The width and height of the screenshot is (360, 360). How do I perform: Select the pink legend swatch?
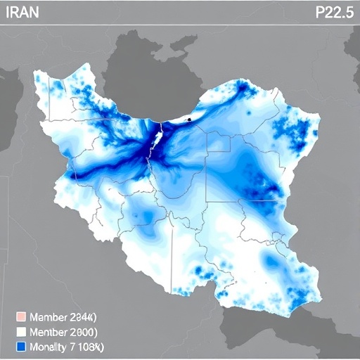pos(20,316)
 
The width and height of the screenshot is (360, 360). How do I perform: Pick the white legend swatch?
pos(20,331)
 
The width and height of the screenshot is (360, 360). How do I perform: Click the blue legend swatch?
pos(20,347)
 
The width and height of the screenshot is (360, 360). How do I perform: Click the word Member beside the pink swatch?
pos(49,316)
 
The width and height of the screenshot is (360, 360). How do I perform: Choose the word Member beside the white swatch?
pos(49,331)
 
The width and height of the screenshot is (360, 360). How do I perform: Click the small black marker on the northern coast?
pos(189,120)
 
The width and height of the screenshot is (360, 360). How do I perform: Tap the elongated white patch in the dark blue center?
pos(158,136)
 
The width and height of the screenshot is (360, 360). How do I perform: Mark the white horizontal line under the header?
pos(180,26)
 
